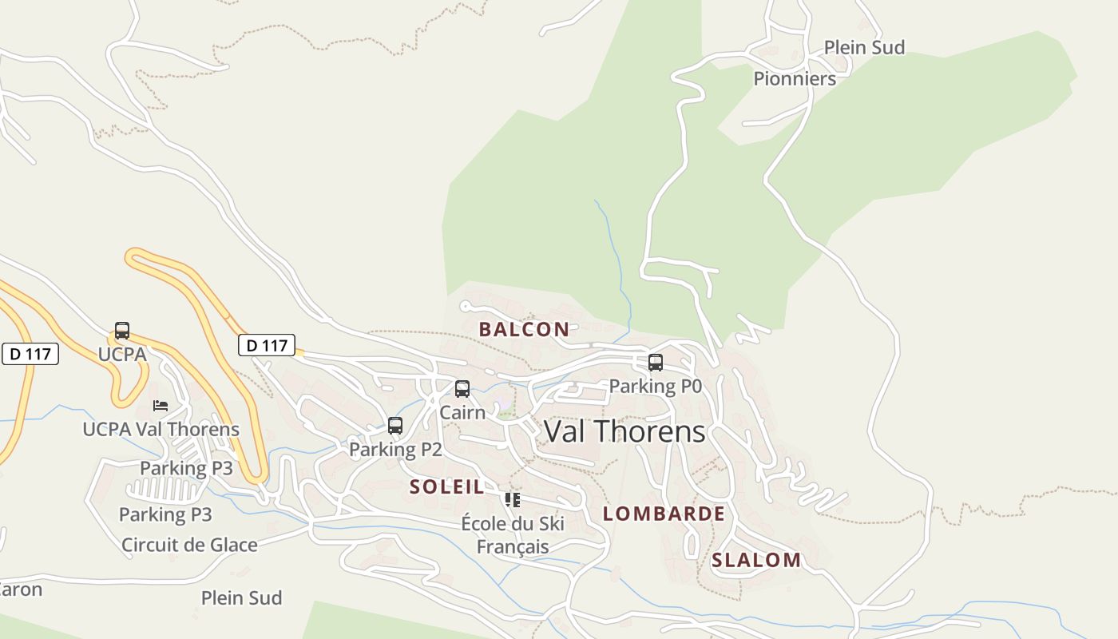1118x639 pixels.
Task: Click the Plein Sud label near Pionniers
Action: pyautogui.click(x=864, y=48)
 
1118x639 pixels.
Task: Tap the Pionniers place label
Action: pyautogui.click(x=795, y=79)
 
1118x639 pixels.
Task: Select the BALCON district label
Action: pyautogui.click(x=524, y=329)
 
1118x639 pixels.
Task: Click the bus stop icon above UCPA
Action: pyautogui.click(x=122, y=331)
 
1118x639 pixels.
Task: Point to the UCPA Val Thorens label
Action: pyautogui.click(x=161, y=430)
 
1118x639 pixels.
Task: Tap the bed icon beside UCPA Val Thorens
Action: pyautogui.click(x=161, y=406)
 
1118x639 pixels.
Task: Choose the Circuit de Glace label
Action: pyautogui.click(x=189, y=546)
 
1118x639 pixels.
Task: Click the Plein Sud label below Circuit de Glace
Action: pyautogui.click(x=241, y=598)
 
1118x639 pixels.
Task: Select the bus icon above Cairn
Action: pyautogui.click(x=462, y=389)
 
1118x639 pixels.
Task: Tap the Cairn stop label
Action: pyautogui.click(x=462, y=413)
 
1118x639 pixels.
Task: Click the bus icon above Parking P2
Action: pyautogui.click(x=395, y=426)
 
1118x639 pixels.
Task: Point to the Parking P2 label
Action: pyautogui.click(x=395, y=450)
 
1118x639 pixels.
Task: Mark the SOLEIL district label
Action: pyautogui.click(x=447, y=487)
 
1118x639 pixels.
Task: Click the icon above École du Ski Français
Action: pyautogui.click(x=513, y=500)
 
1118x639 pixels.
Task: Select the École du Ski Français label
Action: pyautogui.click(x=513, y=535)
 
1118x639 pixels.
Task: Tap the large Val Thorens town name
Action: pyautogui.click(x=624, y=432)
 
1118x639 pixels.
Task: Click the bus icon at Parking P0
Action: pyautogui.click(x=656, y=363)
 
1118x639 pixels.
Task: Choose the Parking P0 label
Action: pyautogui.click(x=655, y=387)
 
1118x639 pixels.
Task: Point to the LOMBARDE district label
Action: pyautogui.click(x=664, y=514)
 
